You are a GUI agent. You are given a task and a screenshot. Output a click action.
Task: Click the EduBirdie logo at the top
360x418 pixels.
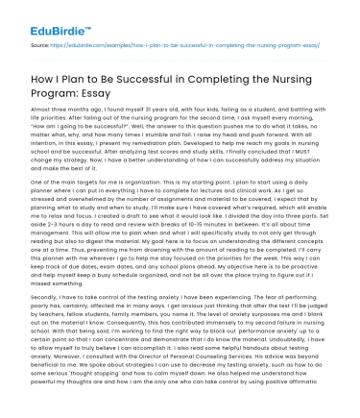46,16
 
